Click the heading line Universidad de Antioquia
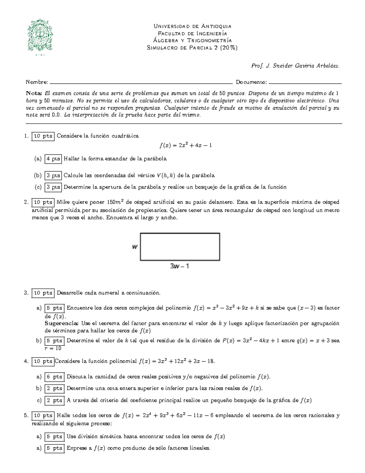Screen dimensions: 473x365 click(192, 26)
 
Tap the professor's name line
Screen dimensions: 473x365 click(295, 66)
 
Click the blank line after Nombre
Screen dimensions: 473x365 click(141, 83)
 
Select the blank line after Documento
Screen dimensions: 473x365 click(305, 83)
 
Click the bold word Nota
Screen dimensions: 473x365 click(34, 93)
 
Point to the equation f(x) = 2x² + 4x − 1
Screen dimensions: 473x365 click(186, 145)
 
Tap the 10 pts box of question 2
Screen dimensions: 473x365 click(43, 202)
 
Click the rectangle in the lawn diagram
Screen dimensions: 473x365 click(180, 247)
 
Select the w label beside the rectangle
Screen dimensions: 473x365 click(134, 247)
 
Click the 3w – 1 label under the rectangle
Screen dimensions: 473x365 click(179, 266)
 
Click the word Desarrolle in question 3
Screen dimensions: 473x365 click(69, 293)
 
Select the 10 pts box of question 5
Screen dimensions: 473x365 click(43, 415)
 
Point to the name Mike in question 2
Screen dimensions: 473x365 click(63, 202)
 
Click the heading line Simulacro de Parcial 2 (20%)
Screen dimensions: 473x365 click(192, 48)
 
